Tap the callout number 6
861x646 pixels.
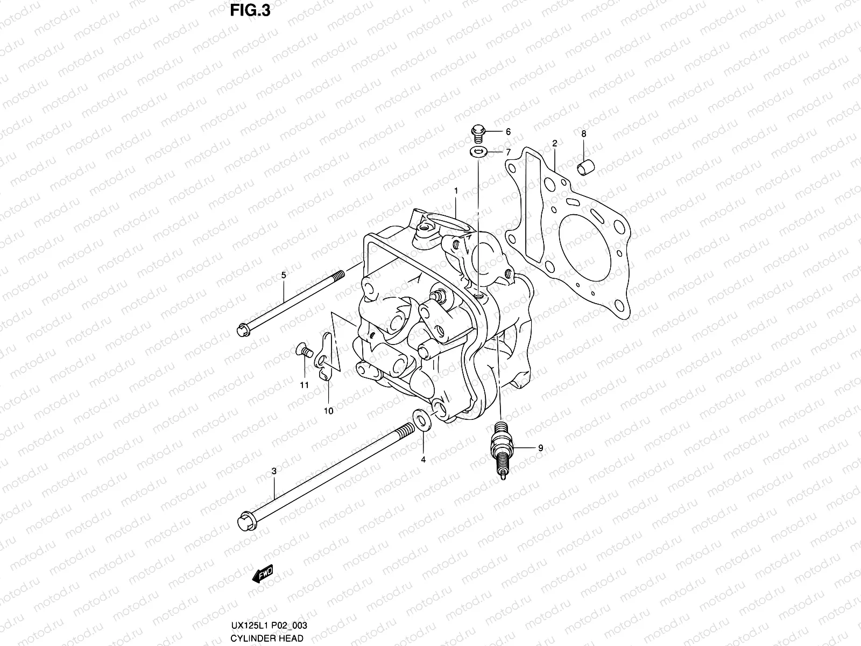tap(507, 132)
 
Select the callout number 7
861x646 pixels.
tap(507, 152)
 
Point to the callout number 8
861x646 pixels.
tap(583, 134)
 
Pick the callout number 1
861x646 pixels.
tap(456, 191)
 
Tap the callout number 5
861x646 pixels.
tap(284, 275)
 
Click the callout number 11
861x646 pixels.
tap(304, 385)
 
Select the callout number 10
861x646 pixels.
tap(328, 411)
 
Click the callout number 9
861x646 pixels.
tap(540, 448)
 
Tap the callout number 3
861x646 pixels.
tap(274, 471)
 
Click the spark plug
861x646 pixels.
tap(502, 447)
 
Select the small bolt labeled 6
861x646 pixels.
tap(477, 131)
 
